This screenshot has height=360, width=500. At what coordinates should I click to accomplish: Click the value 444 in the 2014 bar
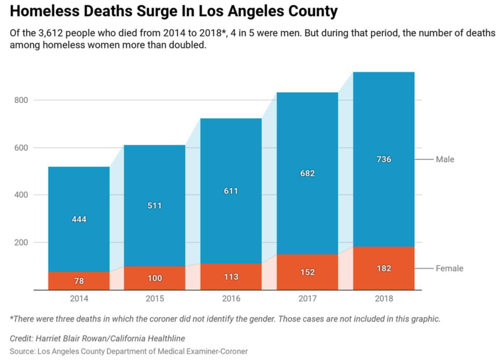coord(79,219)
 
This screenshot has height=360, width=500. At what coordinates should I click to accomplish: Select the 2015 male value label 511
coord(155,205)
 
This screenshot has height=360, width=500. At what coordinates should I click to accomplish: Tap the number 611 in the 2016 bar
coord(231,191)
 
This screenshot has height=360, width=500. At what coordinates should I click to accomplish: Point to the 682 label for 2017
coord(307,173)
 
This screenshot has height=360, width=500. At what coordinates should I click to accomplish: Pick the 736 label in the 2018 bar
coord(384,159)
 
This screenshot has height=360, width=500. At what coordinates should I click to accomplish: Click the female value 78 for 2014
coord(79,281)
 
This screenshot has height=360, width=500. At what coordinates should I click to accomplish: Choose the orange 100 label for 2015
coord(155,278)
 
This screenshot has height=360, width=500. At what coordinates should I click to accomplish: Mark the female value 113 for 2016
coord(231,277)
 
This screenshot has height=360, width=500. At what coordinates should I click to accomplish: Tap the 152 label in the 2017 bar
coord(307,272)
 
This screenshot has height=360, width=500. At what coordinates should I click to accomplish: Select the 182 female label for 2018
coord(384,268)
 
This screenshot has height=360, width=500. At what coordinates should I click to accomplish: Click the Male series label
coord(445,159)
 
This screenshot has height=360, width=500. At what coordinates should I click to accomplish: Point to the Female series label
coord(449,268)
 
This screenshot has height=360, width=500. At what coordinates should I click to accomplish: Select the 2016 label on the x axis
coord(231,299)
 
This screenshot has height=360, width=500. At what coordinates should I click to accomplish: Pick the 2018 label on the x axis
coord(384,299)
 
